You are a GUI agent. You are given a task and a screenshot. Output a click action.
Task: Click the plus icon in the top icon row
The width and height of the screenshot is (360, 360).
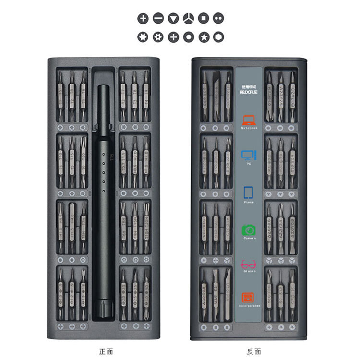pos(143,19)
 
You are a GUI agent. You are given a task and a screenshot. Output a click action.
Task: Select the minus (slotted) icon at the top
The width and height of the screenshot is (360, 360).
pos(158,19)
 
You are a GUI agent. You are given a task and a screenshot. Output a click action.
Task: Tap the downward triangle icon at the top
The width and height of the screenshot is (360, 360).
pos(173,19)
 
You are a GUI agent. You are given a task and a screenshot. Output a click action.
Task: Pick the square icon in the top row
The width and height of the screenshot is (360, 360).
pos(204,19)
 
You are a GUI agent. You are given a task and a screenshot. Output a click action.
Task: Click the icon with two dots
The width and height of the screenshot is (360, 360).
pos(218,19)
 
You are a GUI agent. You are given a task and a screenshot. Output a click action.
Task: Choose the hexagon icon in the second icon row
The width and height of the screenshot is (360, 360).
pos(218,37)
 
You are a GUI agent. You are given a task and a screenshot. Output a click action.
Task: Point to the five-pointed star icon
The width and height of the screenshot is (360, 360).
pos(204,37)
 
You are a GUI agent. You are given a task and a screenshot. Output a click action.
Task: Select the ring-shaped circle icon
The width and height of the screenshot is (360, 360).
pos(189,37)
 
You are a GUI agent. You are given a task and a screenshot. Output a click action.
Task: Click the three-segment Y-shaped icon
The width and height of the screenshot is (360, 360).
pos(189,19)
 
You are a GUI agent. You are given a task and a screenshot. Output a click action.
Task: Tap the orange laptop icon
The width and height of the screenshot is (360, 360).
pos(249,120)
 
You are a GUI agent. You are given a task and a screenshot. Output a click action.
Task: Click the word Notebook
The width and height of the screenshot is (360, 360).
pos(249,128)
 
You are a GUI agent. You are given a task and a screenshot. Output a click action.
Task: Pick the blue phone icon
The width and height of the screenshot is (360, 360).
pos(249,192)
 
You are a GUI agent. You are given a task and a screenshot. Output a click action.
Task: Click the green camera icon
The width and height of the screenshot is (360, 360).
pos(249,230)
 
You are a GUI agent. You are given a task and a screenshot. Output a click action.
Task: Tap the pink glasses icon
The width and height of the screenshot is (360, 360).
pos(249,264)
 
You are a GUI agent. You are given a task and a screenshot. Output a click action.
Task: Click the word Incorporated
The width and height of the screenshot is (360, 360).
pos(249,306)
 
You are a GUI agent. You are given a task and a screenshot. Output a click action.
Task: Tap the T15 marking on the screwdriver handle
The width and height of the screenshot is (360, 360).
pos(111,156)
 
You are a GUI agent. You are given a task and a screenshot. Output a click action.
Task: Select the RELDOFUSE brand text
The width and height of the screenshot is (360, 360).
pos(249,92)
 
